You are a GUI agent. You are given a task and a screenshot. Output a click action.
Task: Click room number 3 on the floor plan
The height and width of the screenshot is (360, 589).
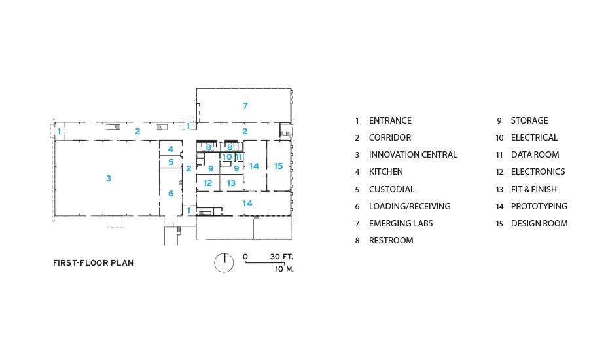point(109,178)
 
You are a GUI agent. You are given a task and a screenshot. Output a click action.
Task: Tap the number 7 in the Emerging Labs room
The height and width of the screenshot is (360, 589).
point(245,105)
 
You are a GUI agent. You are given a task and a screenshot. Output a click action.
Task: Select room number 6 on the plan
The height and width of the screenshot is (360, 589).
point(171,194)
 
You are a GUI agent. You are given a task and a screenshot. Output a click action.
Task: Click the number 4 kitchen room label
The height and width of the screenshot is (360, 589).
point(171,149)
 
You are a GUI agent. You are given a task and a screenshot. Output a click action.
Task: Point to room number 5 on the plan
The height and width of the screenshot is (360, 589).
point(171,162)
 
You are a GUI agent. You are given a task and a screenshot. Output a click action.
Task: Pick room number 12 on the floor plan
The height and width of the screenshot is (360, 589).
point(207,183)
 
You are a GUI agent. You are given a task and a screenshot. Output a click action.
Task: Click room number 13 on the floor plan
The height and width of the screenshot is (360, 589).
point(231,183)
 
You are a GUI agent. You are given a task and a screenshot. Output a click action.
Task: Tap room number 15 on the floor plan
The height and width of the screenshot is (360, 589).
point(278,166)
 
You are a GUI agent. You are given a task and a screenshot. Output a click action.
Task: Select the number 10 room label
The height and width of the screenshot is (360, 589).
point(227,156)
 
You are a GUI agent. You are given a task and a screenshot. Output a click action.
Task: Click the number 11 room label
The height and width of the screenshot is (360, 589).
point(239,156)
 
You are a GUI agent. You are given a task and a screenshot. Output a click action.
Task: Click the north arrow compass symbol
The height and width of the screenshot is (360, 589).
point(224,262)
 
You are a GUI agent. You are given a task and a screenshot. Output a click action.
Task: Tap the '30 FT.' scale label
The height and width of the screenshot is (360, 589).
point(281,257)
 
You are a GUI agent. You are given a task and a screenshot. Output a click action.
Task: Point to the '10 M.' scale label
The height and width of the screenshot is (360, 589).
point(285,269)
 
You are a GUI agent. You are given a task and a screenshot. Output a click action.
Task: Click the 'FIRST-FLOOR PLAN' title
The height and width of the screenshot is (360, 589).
point(93,263)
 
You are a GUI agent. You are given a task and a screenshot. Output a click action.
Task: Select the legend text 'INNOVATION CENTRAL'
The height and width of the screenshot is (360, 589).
point(413,154)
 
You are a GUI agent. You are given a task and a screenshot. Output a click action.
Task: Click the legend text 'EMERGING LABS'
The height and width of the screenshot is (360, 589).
point(401,223)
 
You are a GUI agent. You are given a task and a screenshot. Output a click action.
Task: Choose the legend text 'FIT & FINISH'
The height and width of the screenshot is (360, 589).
point(534,189)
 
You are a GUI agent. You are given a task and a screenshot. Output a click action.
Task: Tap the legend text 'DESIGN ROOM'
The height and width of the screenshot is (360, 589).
point(539,223)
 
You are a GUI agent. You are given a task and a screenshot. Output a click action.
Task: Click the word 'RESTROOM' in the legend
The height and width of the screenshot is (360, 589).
point(391,240)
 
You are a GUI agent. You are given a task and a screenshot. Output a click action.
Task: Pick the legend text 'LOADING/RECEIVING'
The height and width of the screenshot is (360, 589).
point(410,206)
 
